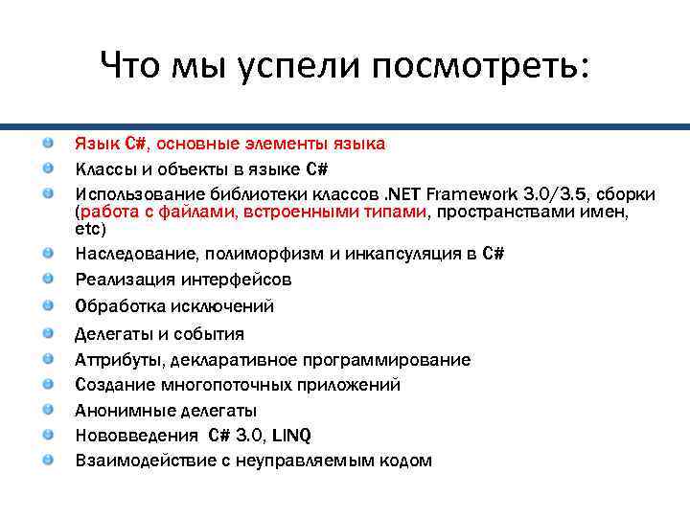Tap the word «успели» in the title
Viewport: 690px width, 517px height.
(298, 66)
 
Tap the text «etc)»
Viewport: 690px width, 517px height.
(92, 230)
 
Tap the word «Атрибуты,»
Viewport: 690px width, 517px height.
(120, 360)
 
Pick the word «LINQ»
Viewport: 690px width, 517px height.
(291, 436)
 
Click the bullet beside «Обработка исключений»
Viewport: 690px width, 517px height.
(48, 305)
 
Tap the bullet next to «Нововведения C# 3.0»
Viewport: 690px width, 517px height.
(48, 435)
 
